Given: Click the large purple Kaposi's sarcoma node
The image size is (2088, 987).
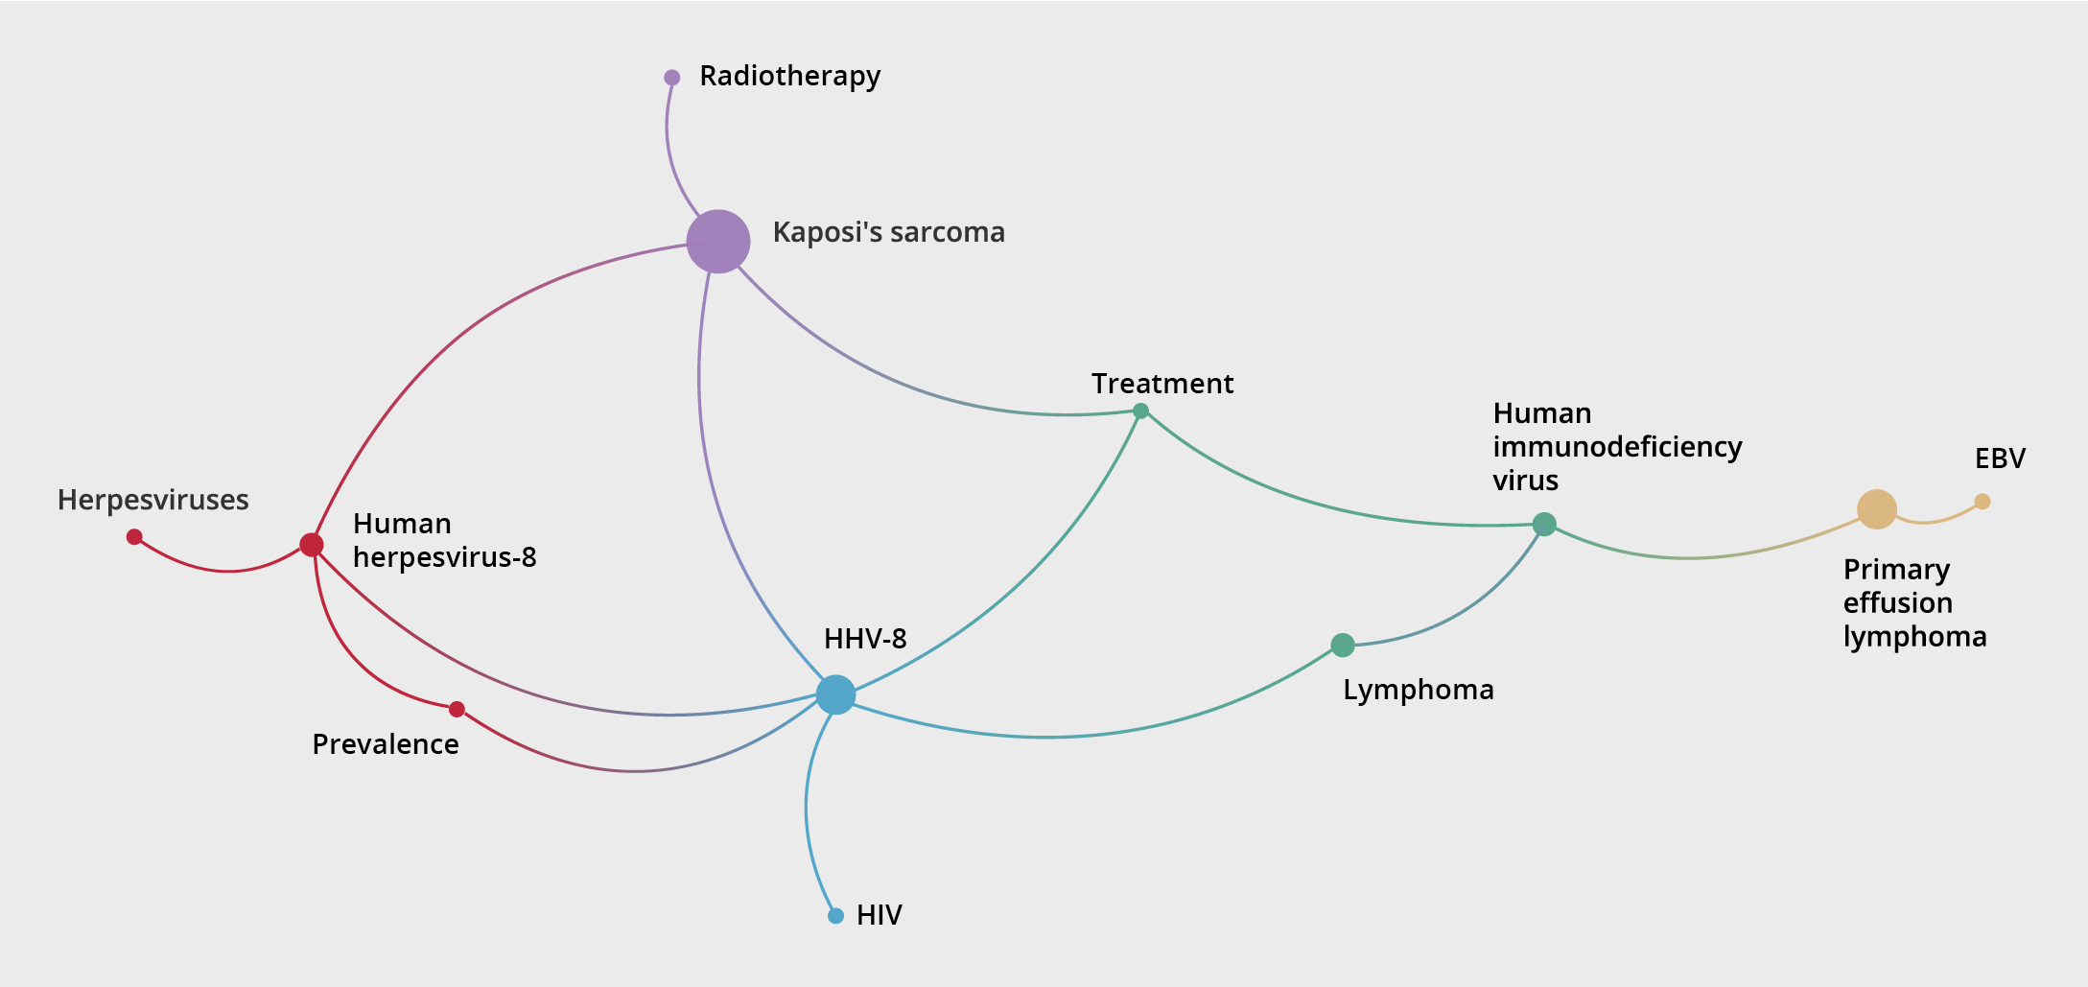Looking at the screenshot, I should click(717, 241).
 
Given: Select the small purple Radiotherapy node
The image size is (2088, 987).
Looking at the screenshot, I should click(671, 78).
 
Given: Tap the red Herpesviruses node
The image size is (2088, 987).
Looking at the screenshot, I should click(134, 536).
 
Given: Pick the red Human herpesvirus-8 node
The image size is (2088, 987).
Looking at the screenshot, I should click(311, 545).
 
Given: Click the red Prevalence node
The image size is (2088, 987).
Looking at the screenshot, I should click(457, 710).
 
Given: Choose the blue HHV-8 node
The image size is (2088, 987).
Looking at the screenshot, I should click(835, 694).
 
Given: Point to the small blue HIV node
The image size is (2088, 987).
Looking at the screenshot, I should click(835, 916).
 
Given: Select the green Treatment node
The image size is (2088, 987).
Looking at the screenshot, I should click(1140, 411).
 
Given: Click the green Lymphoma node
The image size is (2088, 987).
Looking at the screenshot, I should click(1343, 646).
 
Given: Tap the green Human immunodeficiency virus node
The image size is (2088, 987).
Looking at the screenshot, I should click(1544, 524).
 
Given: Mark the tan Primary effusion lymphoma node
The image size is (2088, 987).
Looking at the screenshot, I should click(1877, 508).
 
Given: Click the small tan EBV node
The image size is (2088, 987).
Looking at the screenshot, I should click(1982, 501).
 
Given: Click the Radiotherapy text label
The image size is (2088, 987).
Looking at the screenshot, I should click(789, 76).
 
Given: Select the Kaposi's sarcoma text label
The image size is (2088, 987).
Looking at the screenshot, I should click(888, 232).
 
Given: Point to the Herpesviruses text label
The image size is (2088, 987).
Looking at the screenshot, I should click(152, 500).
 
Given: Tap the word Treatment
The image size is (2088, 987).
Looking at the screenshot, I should click(1162, 384).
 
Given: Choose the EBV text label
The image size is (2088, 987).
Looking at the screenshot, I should click(2000, 458).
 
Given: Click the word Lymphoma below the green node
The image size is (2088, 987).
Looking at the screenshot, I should click(1418, 690).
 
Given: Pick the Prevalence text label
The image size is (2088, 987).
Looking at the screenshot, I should click(386, 744).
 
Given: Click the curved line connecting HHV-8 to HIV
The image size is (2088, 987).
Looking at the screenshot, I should click(807, 806).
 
